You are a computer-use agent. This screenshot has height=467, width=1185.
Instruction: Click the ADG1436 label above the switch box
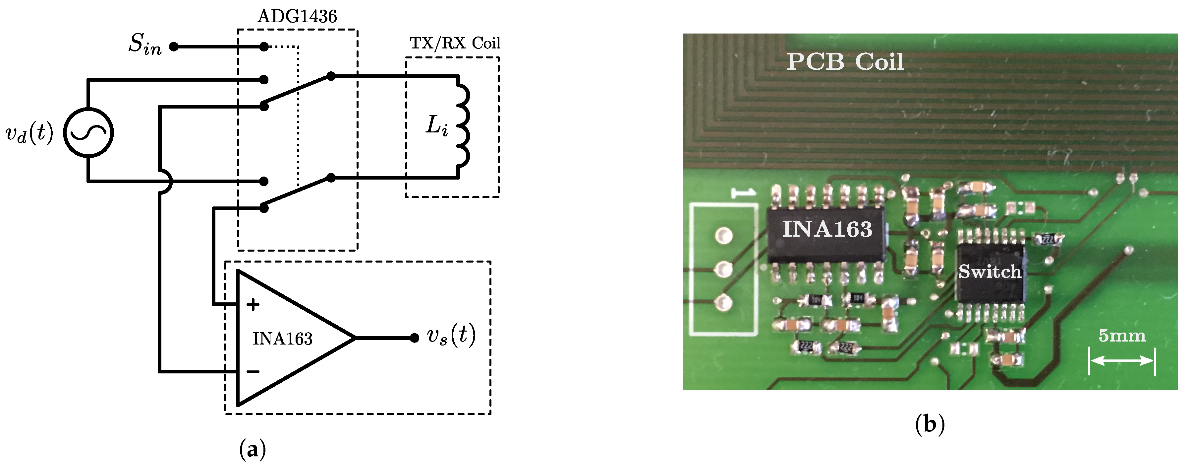(x=297, y=17)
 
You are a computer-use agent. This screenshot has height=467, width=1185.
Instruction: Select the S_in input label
(x=145, y=45)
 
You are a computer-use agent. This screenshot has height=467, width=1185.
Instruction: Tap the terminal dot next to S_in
(x=173, y=46)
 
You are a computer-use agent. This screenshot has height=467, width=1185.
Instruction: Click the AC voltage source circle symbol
(x=88, y=133)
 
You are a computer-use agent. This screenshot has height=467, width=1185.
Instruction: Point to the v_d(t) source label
(x=29, y=133)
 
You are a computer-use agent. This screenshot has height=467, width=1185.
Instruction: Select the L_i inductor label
(x=436, y=125)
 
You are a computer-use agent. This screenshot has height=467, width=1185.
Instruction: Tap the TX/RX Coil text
(x=455, y=43)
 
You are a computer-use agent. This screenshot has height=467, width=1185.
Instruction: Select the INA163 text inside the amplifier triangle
(x=282, y=339)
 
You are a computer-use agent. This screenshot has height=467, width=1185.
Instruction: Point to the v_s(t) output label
(x=451, y=335)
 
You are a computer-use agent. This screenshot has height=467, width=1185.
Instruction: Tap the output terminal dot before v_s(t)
(x=414, y=338)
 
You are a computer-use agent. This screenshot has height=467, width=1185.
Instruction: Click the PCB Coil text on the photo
(x=845, y=62)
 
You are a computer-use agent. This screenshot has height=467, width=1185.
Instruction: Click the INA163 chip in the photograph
(x=827, y=234)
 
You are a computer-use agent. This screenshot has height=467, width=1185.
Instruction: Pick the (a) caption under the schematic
(x=253, y=449)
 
